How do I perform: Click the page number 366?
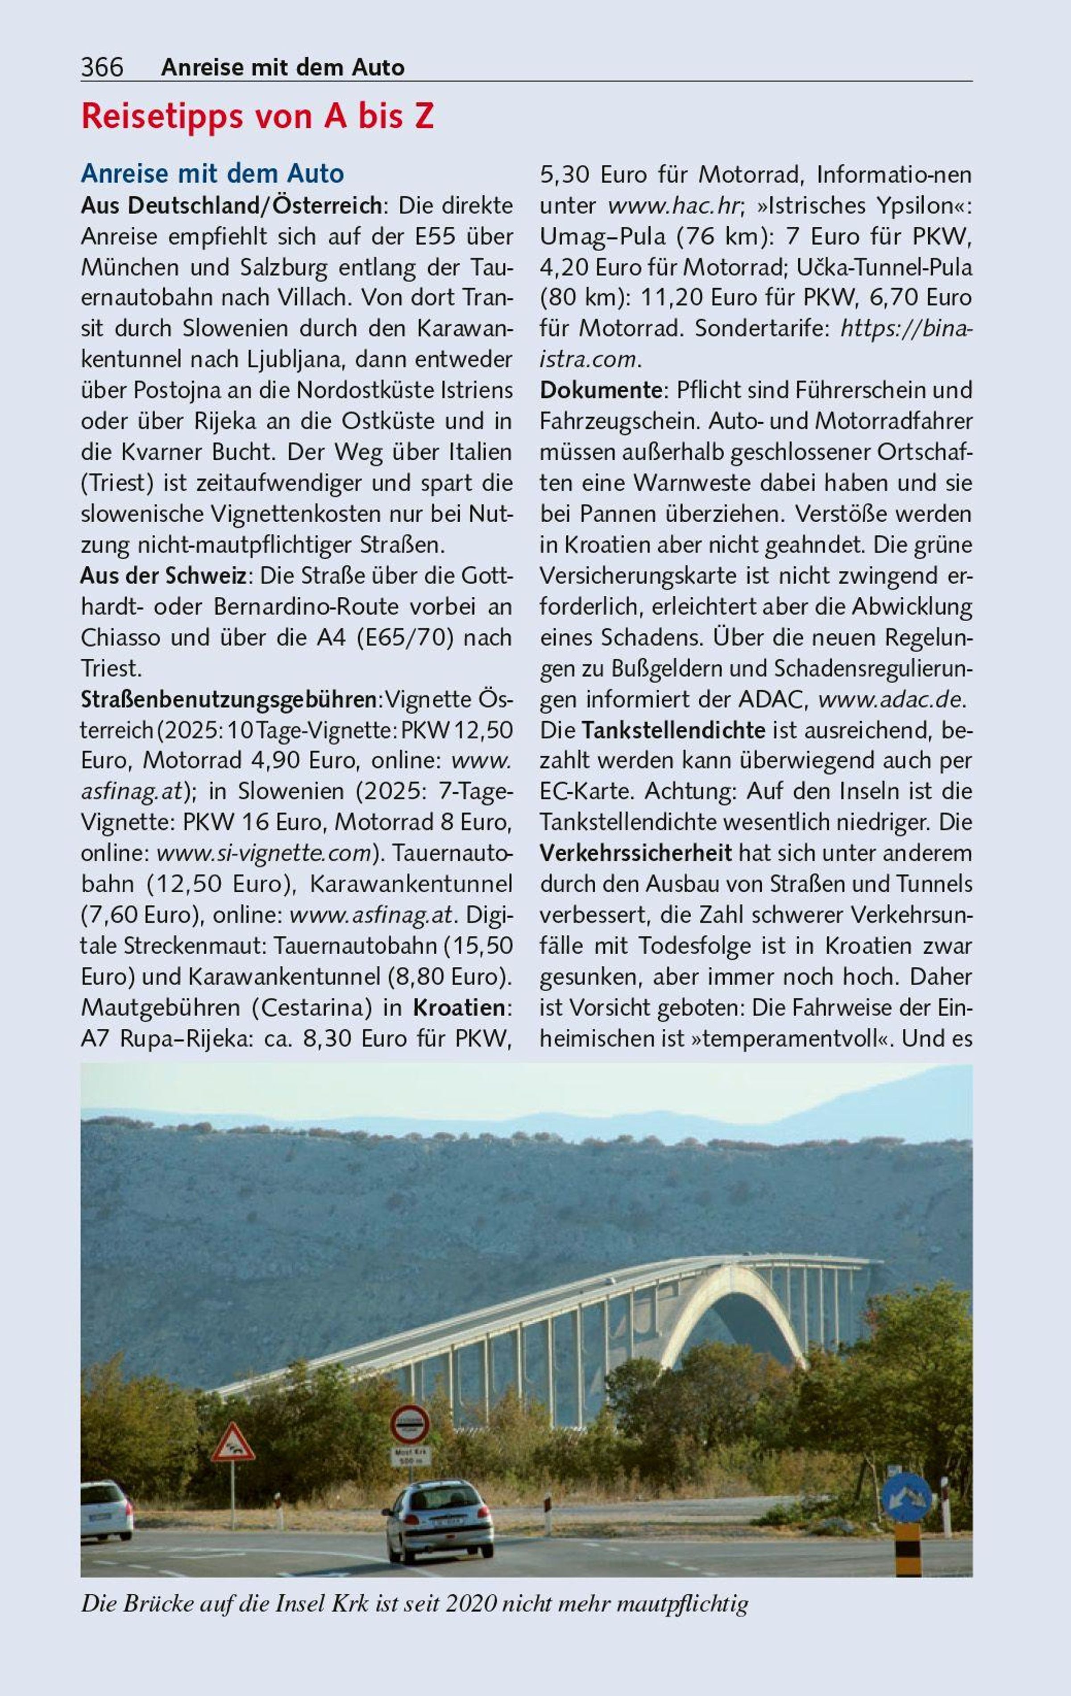102,67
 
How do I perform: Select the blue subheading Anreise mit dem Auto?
213,173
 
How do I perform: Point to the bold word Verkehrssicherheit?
636,853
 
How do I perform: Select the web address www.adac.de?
891,700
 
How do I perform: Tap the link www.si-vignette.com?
263,853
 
